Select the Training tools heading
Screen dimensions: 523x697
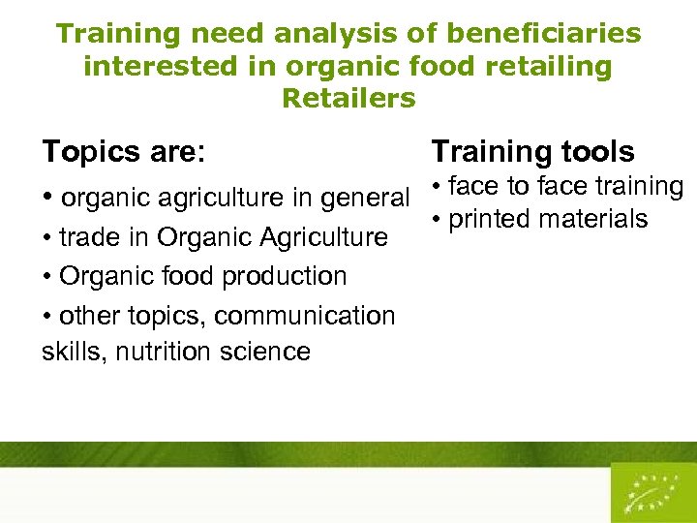(x=532, y=151)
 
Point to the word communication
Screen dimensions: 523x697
(x=305, y=316)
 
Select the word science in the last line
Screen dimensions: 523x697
(x=269, y=351)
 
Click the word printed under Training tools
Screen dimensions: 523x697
(x=491, y=219)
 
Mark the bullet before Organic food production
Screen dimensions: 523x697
(x=47, y=277)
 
